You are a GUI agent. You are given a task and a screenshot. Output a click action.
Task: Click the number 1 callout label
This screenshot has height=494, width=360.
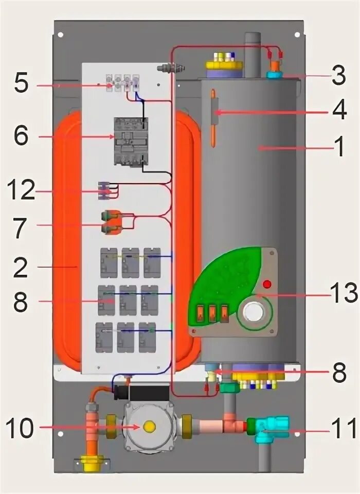(339, 147)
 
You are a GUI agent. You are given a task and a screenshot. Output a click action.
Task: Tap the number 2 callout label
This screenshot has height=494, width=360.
(21, 267)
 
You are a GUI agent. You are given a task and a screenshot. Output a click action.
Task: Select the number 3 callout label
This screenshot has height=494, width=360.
(338, 76)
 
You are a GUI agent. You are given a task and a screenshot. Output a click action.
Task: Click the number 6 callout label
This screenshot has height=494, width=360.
(21, 136)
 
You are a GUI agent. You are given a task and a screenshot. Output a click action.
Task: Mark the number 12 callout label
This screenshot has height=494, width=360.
(21, 192)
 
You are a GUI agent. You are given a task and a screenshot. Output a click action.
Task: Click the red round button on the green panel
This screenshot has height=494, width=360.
(267, 284)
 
